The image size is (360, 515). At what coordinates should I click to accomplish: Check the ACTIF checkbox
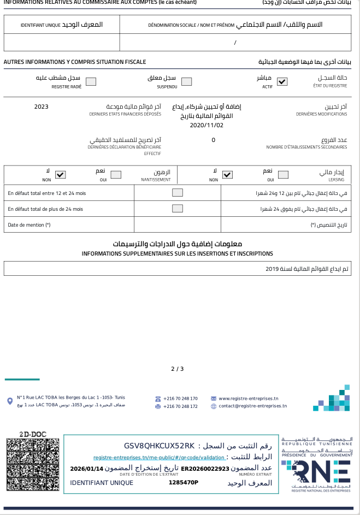point(282,82)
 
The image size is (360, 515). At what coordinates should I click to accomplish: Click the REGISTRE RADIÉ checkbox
point(91,82)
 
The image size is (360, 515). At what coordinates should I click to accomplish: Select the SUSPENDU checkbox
point(187,82)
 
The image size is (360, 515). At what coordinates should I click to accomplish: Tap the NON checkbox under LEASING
point(228,175)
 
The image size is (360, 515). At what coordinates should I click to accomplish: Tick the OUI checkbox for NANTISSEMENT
point(116,175)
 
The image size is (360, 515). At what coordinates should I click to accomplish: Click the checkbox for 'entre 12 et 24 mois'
point(178,193)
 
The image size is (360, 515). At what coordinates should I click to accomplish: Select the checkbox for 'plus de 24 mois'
point(178,208)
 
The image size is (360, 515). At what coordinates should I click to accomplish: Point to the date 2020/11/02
point(206,125)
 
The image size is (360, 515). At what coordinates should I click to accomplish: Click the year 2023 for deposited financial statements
point(42,106)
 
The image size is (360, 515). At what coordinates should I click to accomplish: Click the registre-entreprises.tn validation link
point(159,458)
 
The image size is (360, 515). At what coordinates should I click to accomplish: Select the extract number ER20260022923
point(205,469)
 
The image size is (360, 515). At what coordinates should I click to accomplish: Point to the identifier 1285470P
point(184,482)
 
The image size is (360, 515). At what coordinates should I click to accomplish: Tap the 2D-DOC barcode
point(32,466)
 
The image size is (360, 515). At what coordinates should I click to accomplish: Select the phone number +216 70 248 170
point(180,399)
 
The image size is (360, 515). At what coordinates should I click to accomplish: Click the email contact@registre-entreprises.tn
point(252,406)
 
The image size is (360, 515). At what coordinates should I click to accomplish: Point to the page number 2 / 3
point(178,369)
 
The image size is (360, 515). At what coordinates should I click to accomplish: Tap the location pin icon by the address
point(10,401)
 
